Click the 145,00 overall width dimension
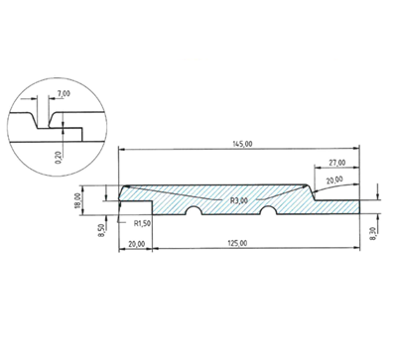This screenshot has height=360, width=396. (243, 144)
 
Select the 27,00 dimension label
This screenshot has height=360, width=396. (337, 163)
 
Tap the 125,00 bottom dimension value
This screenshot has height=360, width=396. (237, 243)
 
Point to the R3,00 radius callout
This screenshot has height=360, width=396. (239, 200)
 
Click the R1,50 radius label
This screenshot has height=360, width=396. (142, 223)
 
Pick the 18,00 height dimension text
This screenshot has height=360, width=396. (77, 201)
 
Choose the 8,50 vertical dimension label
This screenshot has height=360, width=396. (101, 230)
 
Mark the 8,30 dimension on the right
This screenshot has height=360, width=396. (374, 234)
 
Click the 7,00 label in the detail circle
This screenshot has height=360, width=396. (64, 93)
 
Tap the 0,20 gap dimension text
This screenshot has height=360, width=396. (59, 158)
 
